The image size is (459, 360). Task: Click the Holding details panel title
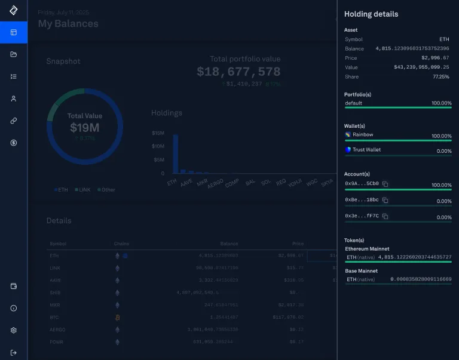[371, 14]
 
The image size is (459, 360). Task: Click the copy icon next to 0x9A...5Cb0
[385, 184]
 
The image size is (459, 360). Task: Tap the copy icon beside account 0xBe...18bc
[385, 200]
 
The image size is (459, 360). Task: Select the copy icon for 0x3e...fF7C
[385, 216]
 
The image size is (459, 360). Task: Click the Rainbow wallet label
[362, 135]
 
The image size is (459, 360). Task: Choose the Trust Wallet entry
[366, 150]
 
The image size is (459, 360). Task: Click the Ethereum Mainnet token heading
[367, 248]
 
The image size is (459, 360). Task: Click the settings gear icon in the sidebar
[13, 330]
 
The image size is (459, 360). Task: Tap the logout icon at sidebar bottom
[13, 352]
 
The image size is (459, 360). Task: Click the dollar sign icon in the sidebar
[13, 143]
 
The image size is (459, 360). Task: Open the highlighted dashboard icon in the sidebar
[13, 32]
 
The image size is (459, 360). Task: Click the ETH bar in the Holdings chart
[175, 154]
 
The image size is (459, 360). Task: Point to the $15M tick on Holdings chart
[158, 133]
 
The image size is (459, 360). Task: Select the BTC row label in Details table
[54, 317]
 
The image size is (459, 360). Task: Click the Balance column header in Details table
[228, 244]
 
